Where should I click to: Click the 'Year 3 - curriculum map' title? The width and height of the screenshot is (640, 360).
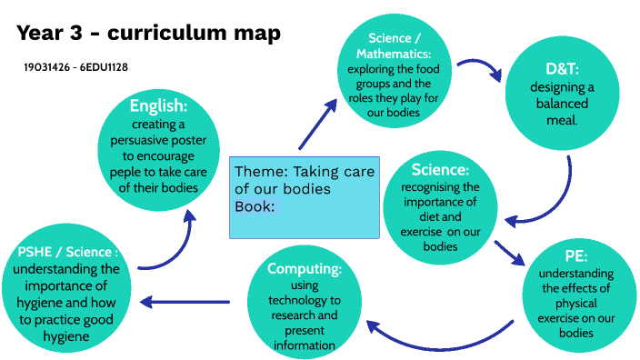click(148, 34)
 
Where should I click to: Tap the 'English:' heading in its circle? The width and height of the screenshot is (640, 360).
click(158, 105)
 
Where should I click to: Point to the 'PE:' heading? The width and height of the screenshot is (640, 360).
click(576, 256)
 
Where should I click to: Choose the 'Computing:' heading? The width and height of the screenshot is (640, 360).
click(305, 269)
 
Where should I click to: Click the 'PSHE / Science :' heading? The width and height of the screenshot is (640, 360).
click(68, 251)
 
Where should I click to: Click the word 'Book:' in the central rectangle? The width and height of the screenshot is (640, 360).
click(255, 205)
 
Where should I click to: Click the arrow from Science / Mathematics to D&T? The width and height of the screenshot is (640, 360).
click(479, 70)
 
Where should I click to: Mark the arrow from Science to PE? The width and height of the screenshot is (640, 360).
click(509, 254)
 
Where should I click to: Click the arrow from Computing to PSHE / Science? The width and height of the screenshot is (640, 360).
click(185, 303)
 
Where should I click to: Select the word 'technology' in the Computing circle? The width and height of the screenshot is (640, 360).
click(305, 300)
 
